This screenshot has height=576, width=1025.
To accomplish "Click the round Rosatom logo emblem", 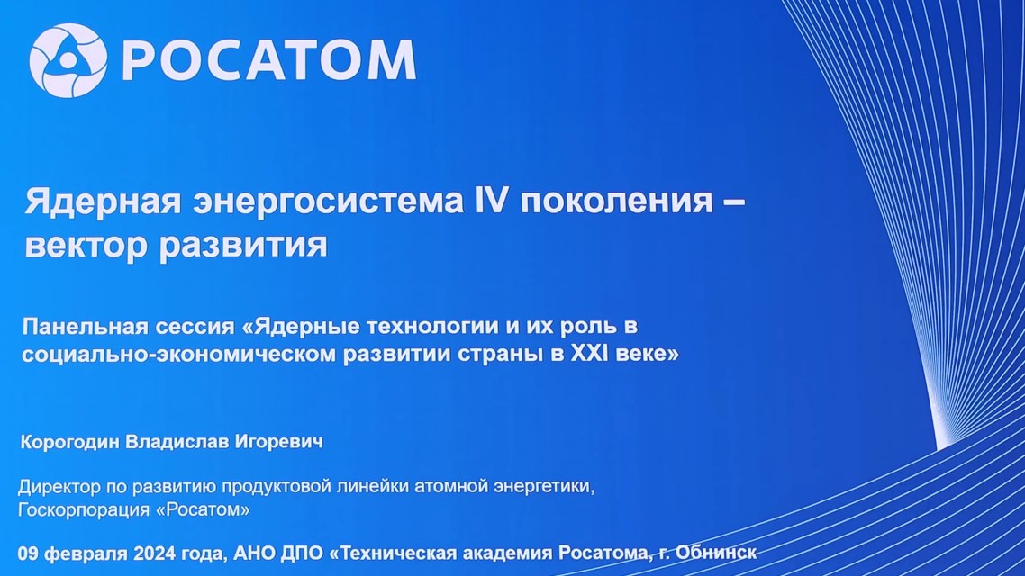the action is point(68,60).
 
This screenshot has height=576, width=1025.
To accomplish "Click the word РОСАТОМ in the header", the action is point(268,60).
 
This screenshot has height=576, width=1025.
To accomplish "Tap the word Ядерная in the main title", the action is point(103,201).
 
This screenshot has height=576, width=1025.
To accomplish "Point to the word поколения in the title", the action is point(616,202).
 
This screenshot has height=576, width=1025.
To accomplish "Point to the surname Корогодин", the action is point(70,442).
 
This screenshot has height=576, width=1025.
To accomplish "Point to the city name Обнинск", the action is point(716,553).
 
